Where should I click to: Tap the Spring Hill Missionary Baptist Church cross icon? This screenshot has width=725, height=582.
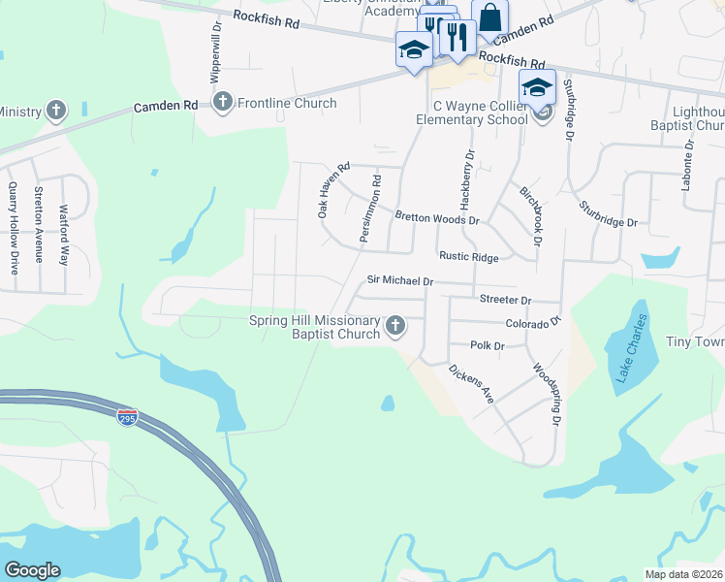pos(395,327)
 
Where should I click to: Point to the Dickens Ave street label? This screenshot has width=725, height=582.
pos(471,384)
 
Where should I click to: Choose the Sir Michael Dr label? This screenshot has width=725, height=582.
pos(399,280)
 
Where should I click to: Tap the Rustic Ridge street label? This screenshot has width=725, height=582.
pos(469,257)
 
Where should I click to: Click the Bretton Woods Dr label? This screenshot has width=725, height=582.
pos(436,218)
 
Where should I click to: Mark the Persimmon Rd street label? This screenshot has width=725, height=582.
pos(364,210)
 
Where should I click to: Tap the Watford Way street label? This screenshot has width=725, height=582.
pos(65,235)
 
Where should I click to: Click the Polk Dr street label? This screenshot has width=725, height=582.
pos(488,345)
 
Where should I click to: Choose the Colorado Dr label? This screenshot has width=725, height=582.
pos(533,322)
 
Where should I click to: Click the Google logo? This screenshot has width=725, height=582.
pos(32,570)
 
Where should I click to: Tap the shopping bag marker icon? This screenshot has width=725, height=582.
pos(490,17)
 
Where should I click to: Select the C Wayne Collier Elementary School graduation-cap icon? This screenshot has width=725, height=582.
pos(537,86)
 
